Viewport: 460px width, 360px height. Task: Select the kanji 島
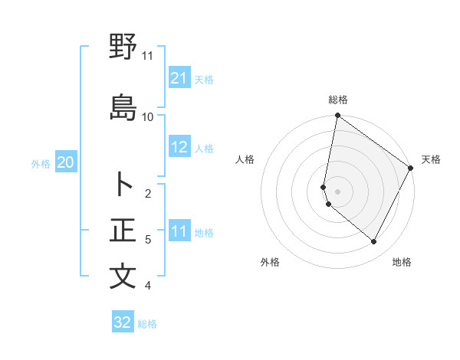123,108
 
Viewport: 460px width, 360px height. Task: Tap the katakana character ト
123,185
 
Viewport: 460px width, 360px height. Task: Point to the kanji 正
123,231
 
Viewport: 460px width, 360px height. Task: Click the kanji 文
123,277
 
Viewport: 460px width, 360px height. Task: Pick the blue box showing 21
179,78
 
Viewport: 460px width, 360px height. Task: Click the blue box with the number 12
179,148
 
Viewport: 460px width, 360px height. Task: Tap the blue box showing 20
66,162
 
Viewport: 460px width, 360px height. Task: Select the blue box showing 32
123,322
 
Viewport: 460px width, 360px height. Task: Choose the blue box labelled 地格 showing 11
179,231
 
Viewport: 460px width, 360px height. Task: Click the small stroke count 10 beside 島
148,116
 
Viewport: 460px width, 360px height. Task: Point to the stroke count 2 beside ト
148,193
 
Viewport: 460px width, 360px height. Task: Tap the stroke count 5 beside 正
148,240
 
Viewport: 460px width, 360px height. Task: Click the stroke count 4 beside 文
148,286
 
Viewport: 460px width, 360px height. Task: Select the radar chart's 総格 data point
337,116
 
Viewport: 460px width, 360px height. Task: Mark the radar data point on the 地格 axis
373,241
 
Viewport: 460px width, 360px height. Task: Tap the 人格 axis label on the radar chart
245,159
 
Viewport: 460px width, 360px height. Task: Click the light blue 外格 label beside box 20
41,163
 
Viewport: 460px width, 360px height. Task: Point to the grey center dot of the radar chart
337,191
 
